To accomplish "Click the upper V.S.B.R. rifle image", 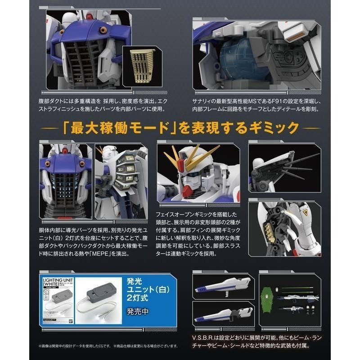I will (x=221, y=286).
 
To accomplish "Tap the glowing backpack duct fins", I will (x=124, y=171).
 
